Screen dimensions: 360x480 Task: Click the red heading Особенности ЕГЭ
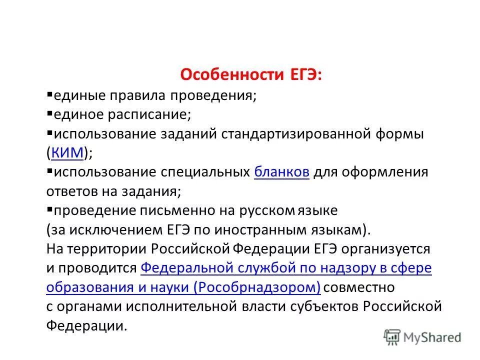click(x=251, y=75)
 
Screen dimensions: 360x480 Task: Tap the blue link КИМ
click(x=67, y=153)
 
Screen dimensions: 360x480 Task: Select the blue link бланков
click(x=281, y=172)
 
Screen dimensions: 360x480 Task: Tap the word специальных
click(x=205, y=172)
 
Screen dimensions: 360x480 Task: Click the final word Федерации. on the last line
click(x=87, y=326)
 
